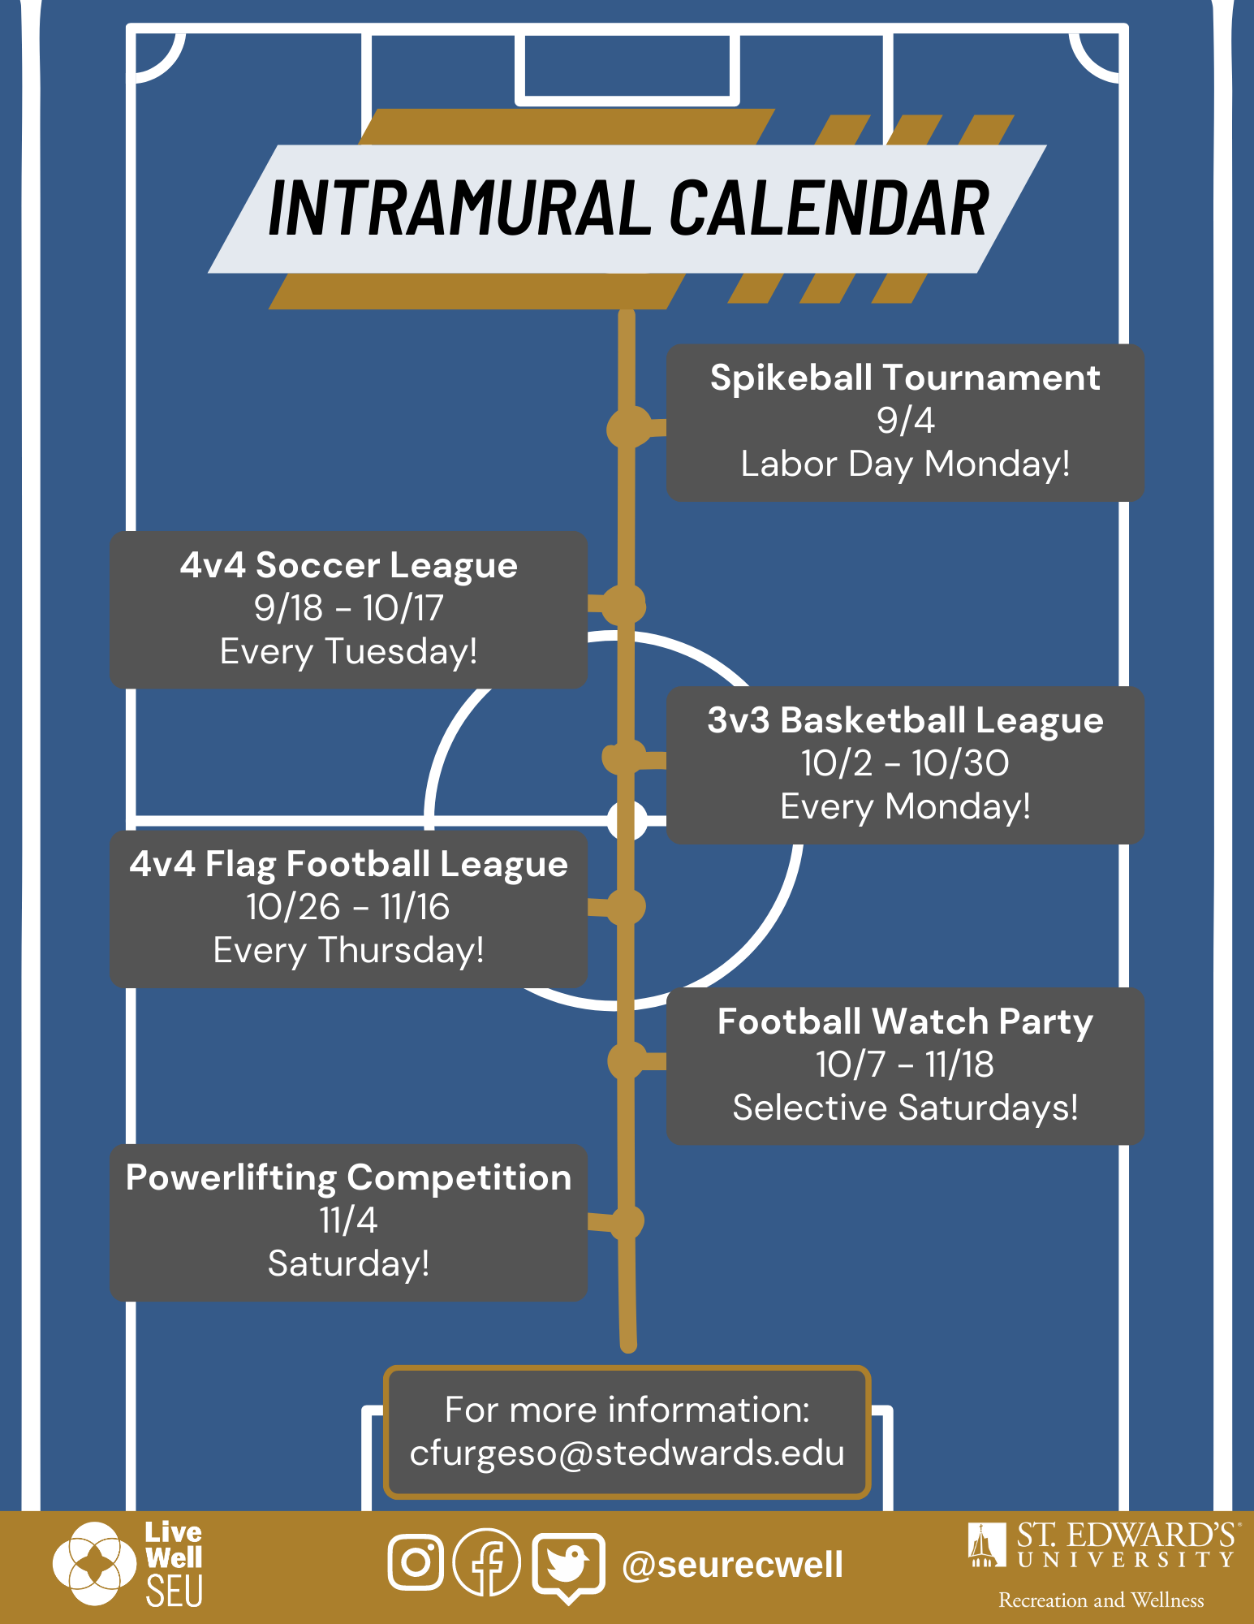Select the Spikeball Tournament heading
[905, 378]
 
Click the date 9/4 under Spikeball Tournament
[906, 421]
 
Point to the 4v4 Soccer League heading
[349, 565]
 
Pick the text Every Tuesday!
[349, 652]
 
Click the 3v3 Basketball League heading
[905, 721]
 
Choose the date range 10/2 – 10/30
[905, 763]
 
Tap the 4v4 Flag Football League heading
[349, 865]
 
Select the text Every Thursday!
[349, 951]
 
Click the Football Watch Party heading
[905, 1022]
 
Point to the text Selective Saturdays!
[906, 1108]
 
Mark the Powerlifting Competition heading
[349, 1178]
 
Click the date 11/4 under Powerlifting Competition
[348, 1220]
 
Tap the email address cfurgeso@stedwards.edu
[627, 1453]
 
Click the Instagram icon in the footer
[416, 1561]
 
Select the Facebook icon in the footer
[487, 1561]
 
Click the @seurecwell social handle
[732, 1565]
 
